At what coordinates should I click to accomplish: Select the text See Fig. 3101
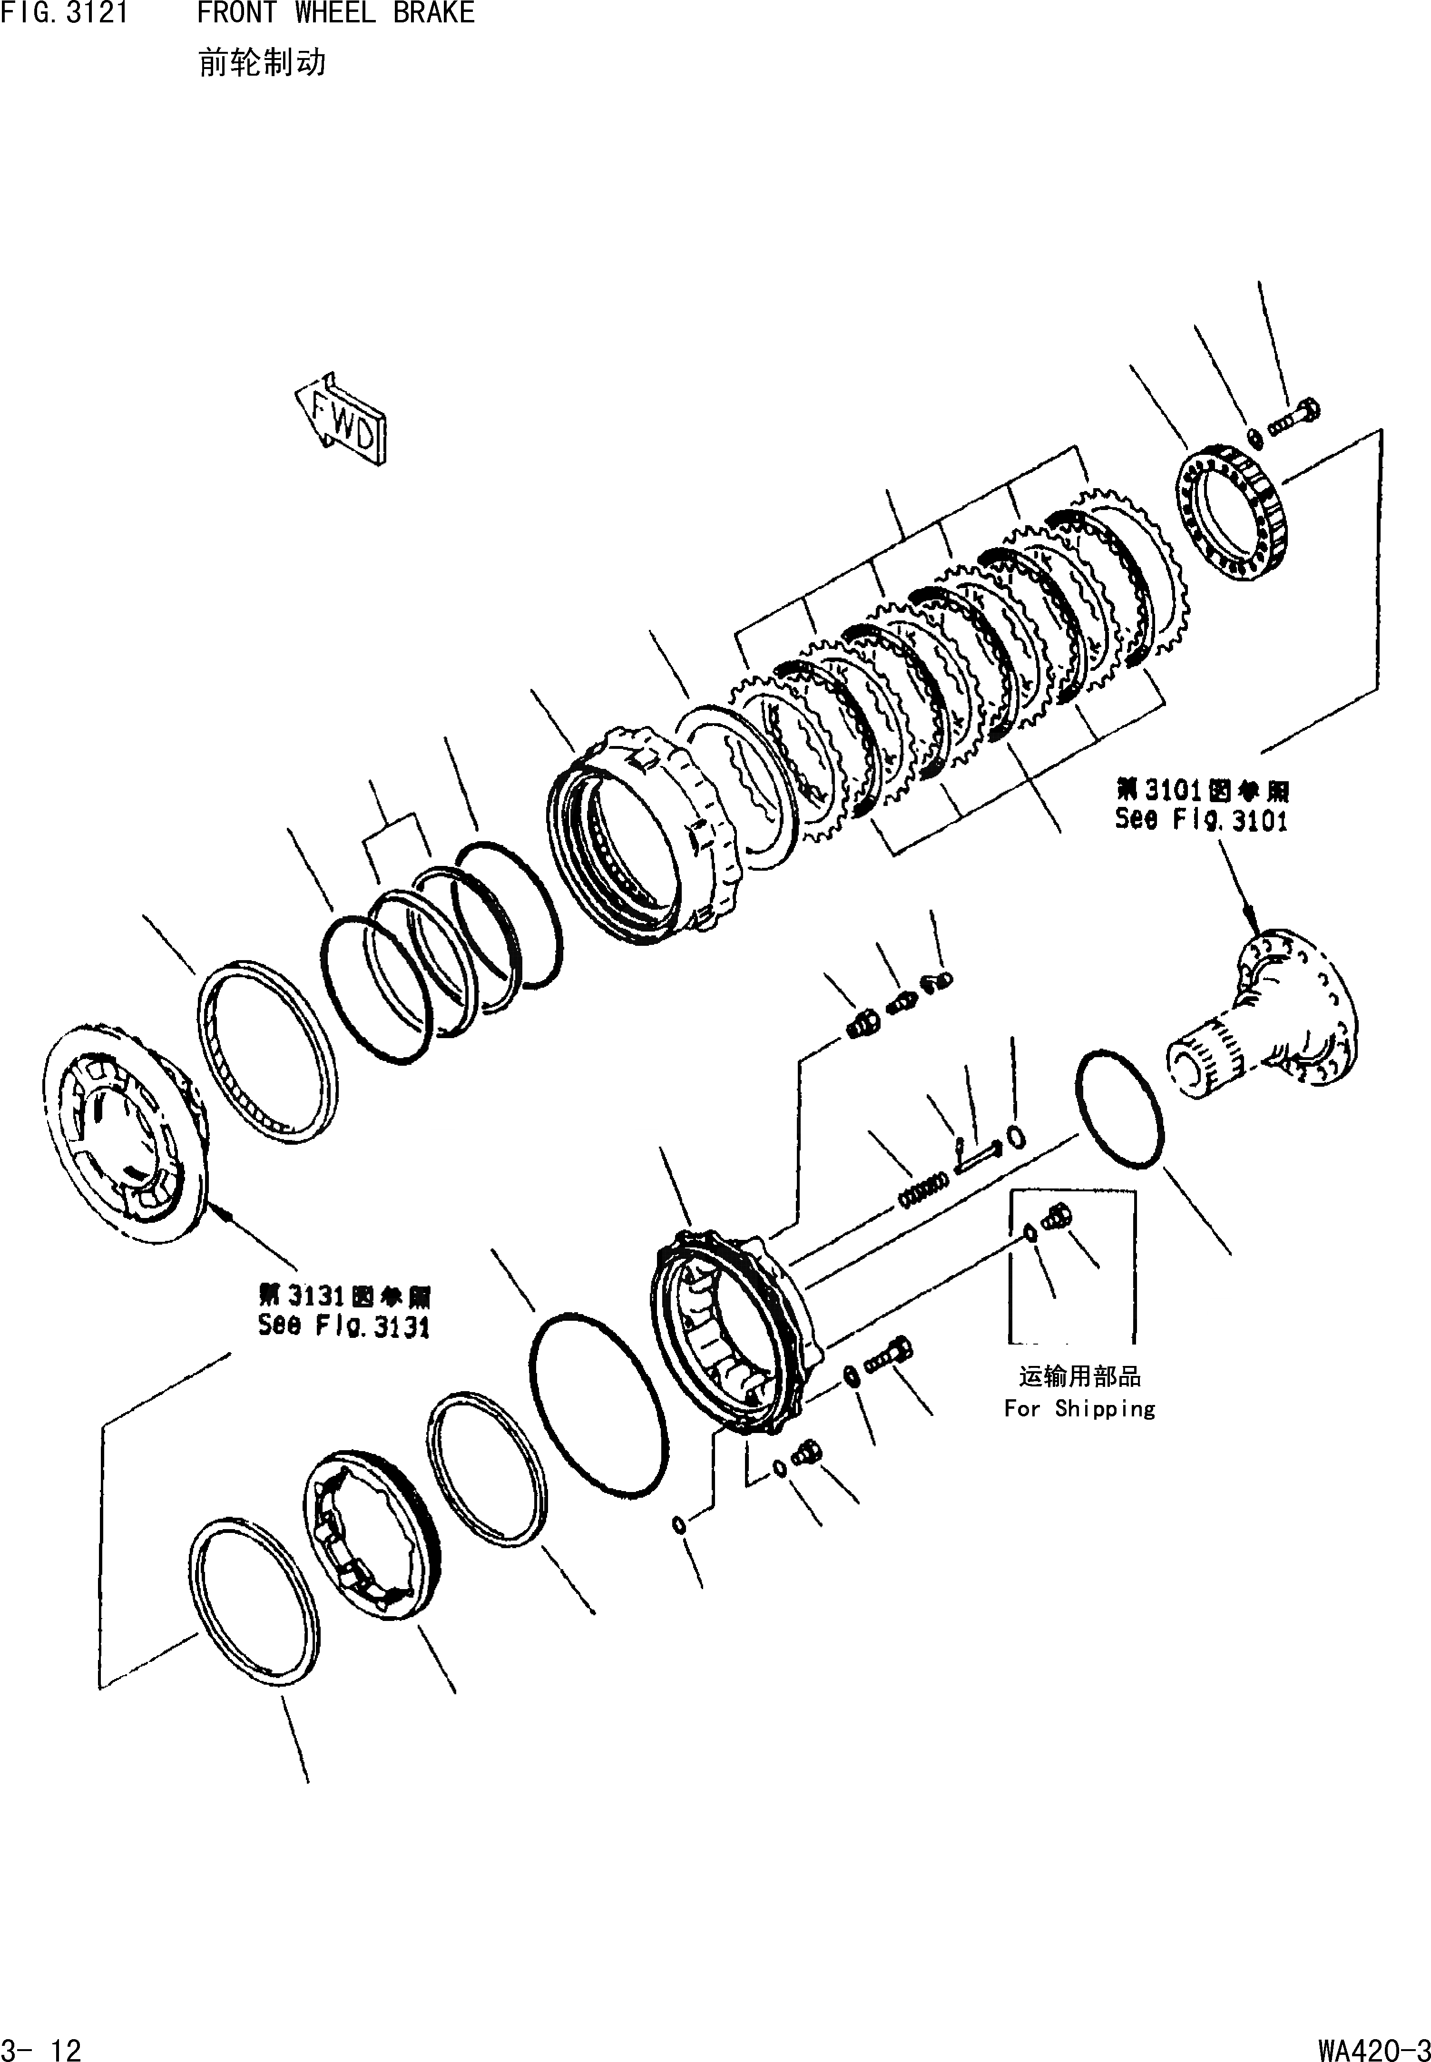click(x=1202, y=818)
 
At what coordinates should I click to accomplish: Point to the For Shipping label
click(x=1079, y=1408)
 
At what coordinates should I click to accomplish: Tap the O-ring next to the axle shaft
click(x=1121, y=1109)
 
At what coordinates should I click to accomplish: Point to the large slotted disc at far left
click(x=126, y=1134)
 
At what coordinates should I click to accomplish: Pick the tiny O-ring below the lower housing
click(x=680, y=1524)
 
